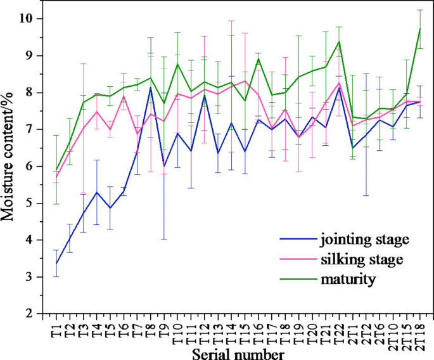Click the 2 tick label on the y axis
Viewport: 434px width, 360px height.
tap(31, 314)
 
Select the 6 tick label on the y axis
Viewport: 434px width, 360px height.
tap(31, 167)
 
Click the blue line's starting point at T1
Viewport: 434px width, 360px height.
tap(56, 263)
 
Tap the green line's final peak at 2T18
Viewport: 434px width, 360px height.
tap(419, 29)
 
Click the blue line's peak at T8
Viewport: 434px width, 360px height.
tap(150, 87)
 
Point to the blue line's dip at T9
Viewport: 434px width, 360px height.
tap(164, 166)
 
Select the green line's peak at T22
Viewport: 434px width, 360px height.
tap(339, 42)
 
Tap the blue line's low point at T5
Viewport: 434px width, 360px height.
tap(110, 208)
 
